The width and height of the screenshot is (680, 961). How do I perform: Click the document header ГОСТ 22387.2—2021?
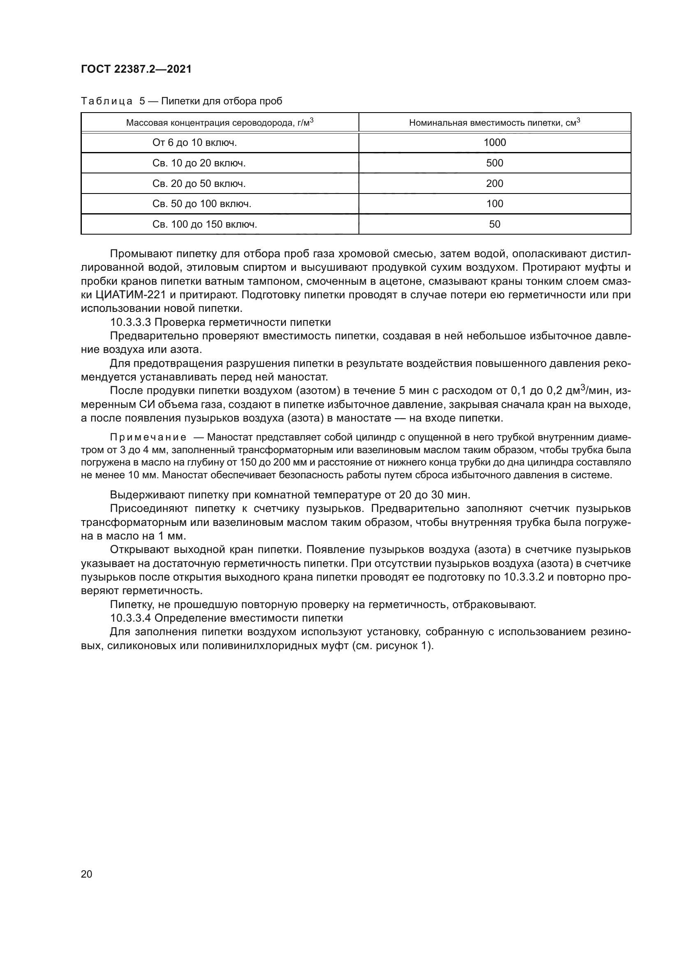136,69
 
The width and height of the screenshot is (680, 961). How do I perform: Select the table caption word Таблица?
106,101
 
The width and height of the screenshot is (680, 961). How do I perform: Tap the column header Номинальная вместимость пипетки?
495,122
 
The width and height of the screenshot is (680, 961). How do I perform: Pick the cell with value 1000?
495,143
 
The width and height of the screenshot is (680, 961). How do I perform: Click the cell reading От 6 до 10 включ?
194,143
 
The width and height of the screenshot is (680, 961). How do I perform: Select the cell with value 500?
495,163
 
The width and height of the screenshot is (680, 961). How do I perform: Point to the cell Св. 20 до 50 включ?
199,184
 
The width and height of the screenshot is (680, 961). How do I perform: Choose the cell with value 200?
495,184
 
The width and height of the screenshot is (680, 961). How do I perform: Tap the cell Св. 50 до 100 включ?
201,204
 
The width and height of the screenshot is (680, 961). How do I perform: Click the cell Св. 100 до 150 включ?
204,224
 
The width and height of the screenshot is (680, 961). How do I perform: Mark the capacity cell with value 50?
495,224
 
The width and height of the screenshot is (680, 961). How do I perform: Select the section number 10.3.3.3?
130,322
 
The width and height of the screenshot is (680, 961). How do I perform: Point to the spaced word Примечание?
148,438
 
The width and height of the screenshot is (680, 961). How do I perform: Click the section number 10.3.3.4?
130,618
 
